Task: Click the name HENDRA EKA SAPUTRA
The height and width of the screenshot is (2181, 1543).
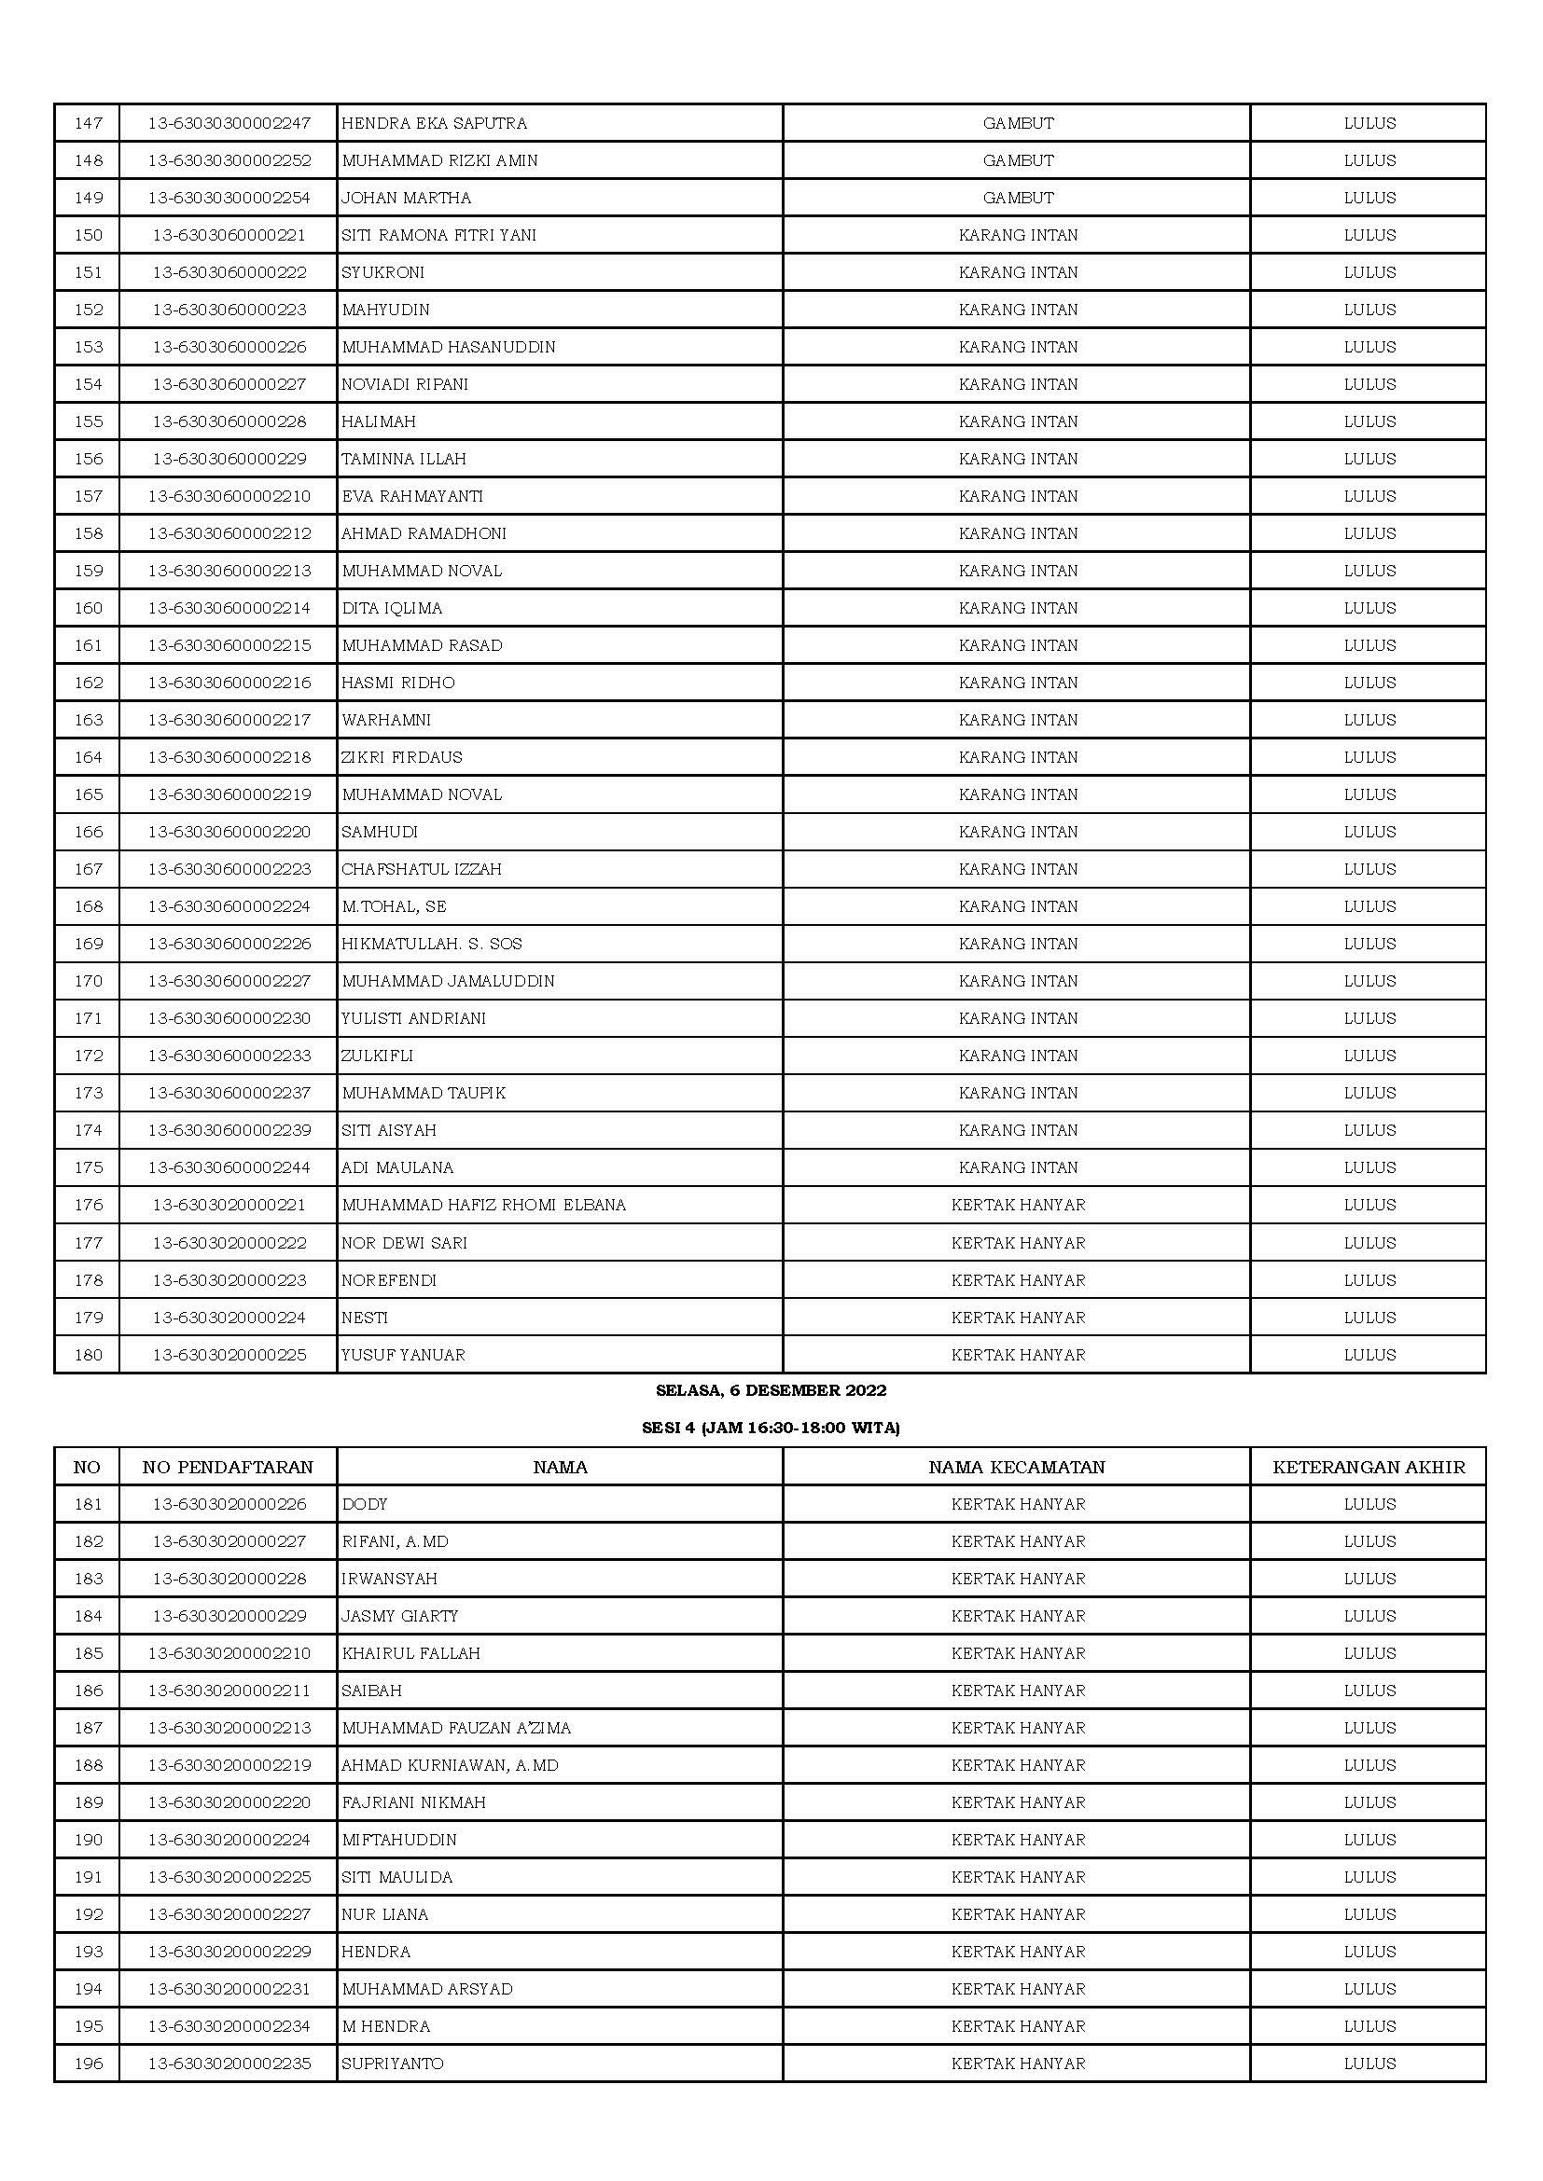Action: pyautogui.click(x=434, y=122)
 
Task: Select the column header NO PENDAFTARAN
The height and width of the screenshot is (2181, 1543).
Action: pyautogui.click(x=228, y=1467)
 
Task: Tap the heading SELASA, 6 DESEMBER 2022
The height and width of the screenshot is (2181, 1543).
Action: pyautogui.click(x=771, y=1389)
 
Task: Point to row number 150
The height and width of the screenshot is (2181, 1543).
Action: pyautogui.click(x=89, y=235)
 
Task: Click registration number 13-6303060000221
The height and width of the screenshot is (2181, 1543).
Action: pyautogui.click(x=229, y=235)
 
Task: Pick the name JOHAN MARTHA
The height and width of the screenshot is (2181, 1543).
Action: pyautogui.click(x=407, y=198)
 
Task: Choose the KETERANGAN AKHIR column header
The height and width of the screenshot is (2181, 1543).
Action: pyautogui.click(x=1369, y=1467)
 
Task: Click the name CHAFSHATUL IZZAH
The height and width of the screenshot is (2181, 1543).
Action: pyautogui.click(x=422, y=868)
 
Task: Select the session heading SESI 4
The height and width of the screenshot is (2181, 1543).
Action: pyautogui.click(x=771, y=1427)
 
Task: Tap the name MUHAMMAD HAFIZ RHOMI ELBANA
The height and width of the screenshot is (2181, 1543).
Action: pyautogui.click(x=483, y=1205)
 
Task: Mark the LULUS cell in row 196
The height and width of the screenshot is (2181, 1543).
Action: pyautogui.click(x=1369, y=2064)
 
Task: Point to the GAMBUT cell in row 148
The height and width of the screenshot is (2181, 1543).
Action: pyautogui.click(x=1018, y=159)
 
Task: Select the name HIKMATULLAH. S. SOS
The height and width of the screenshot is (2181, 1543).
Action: pyautogui.click(x=431, y=944)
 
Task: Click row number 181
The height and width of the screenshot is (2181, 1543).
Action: pyautogui.click(x=89, y=1504)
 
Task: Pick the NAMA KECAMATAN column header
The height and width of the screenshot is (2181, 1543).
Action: pyautogui.click(x=1017, y=1467)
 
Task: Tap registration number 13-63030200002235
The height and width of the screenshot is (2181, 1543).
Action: pyautogui.click(x=229, y=2064)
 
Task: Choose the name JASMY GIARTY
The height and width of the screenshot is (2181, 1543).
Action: pyautogui.click(x=400, y=1616)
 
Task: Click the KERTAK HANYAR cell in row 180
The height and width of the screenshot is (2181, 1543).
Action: pyautogui.click(x=1018, y=1355)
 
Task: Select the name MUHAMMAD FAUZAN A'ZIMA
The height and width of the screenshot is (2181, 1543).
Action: pyautogui.click(x=456, y=1728)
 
